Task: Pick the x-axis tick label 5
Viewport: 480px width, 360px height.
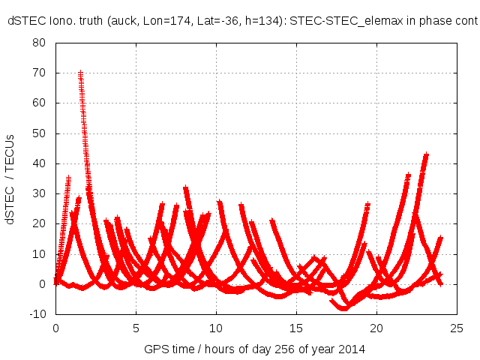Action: [x=136, y=328]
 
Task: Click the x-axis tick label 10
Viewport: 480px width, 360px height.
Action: [x=216, y=328]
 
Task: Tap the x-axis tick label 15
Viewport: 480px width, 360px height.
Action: [x=296, y=328]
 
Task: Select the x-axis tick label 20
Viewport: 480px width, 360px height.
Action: [x=376, y=328]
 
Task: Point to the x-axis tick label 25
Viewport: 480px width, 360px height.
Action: [x=457, y=328]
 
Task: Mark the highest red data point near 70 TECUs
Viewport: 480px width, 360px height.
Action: [x=80, y=73]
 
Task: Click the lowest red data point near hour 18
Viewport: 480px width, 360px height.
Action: [x=345, y=307]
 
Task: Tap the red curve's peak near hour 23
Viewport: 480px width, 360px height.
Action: [x=426, y=155]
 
